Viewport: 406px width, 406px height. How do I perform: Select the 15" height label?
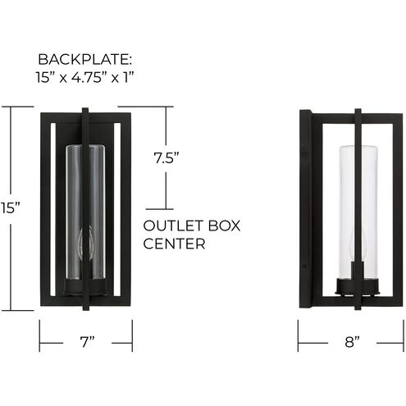(10, 208)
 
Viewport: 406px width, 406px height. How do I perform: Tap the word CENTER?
(171, 244)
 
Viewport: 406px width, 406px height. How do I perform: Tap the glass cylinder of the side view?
(358, 189)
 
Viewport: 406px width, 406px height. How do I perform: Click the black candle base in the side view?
(358, 284)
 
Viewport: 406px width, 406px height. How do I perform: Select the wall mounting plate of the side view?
(303, 209)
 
